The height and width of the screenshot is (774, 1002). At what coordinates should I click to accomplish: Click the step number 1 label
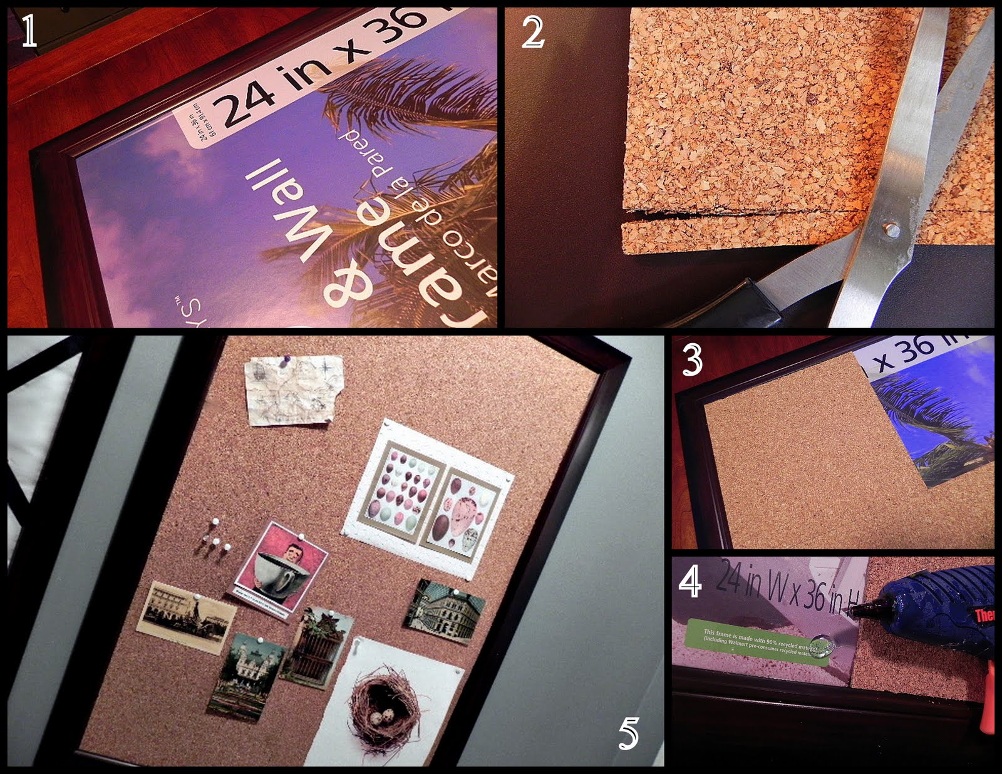coord(29,33)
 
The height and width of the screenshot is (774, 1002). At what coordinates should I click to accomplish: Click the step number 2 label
coord(533,33)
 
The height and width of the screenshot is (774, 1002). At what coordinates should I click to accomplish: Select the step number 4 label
coord(690,582)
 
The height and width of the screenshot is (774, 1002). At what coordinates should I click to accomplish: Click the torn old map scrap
coord(292,390)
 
